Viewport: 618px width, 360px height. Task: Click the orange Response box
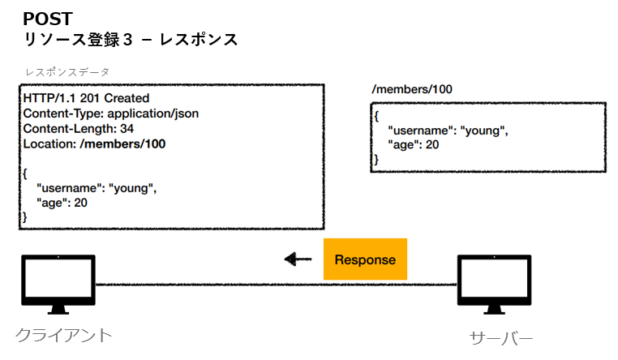365,259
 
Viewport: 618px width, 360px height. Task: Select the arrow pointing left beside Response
298,259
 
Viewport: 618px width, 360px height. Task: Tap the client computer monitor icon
57,285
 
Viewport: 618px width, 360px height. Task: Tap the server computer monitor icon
494,285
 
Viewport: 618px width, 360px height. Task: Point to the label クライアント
63,334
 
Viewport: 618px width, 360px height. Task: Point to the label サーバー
501,337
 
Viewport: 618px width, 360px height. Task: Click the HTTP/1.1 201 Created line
86,99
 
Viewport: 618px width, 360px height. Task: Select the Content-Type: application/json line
110,114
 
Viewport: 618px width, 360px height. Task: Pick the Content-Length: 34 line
79,129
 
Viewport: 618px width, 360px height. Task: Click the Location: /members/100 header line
94,144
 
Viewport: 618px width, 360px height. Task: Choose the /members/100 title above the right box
411,89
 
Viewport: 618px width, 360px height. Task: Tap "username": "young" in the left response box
96,188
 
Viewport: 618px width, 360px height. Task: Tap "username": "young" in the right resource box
448,131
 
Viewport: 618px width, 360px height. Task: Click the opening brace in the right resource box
376,116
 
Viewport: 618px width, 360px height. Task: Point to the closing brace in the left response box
25,217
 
